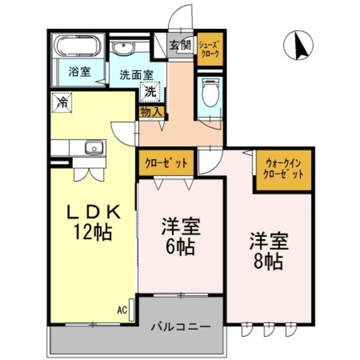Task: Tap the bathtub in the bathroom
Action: pos(78,46)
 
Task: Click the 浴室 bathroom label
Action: pos(78,72)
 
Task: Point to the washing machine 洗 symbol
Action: pos(151,91)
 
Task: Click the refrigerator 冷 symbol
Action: pos(62,102)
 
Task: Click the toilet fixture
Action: pos(210,93)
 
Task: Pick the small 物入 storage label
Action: pos(152,111)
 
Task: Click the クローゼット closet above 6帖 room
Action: pos(166,164)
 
